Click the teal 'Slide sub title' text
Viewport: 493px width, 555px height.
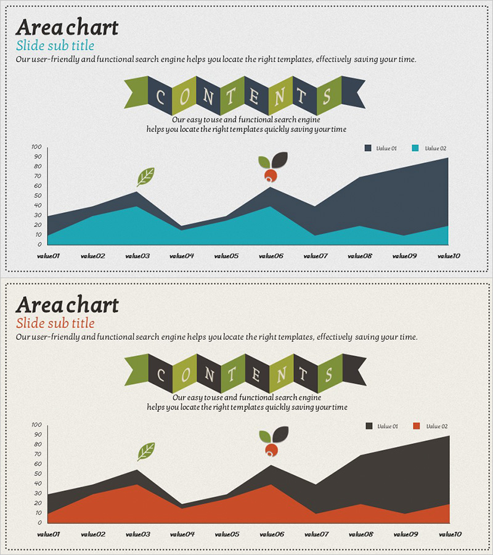point(55,46)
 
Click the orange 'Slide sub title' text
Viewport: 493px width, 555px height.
point(55,323)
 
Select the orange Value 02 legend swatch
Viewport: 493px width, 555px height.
point(416,426)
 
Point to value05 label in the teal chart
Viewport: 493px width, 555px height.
point(226,255)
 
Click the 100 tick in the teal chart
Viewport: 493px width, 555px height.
point(36,147)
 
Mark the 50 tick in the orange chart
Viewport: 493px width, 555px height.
point(37,474)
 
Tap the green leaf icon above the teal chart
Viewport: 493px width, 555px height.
point(145,176)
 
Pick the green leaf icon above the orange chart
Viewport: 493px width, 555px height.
point(146,451)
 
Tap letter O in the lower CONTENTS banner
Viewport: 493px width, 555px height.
point(185,374)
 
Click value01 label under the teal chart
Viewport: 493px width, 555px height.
point(48,255)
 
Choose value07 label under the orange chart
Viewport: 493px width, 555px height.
point(315,534)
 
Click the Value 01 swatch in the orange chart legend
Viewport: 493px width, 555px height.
point(369,426)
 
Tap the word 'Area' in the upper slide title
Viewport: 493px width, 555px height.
point(38,27)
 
